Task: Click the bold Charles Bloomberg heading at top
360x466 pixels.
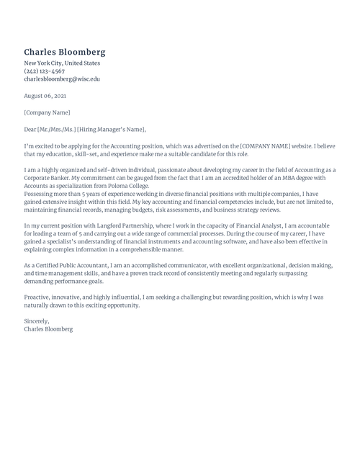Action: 65,52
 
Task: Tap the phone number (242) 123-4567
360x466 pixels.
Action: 44,71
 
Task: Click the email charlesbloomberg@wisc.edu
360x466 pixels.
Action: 62,79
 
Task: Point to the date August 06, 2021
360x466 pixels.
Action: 45,96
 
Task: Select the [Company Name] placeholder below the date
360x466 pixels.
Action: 47,112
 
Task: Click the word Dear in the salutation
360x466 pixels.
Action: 31,130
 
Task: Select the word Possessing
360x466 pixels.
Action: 40,193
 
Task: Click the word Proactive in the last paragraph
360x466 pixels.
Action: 38,297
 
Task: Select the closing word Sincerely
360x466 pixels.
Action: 37,321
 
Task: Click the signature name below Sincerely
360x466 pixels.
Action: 48,329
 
